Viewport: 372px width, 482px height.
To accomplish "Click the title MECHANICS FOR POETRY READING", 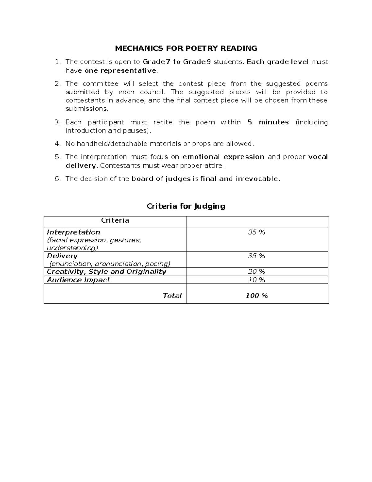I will (186, 48).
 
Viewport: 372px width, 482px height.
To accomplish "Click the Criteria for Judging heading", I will (186, 206).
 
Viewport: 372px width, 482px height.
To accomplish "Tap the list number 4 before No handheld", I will (57, 144).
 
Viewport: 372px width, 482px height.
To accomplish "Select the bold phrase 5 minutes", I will (268, 122).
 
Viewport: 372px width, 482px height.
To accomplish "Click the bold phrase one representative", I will (120, 70).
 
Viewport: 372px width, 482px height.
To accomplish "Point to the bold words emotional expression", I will (223, 157).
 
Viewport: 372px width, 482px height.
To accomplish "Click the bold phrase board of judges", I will (161, 179).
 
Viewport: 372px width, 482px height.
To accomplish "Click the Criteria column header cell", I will (115, 221).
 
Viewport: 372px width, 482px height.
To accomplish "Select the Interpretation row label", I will (73, 232).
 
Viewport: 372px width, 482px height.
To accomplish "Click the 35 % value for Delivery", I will (256, 256).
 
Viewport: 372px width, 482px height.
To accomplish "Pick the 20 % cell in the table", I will (256, 272).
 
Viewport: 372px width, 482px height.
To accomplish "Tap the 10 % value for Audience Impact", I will (256, 280).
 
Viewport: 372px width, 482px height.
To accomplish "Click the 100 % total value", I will (256, 296).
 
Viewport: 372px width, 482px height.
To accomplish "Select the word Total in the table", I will (172, 296).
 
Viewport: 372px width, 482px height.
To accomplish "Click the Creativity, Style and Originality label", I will (106, 272).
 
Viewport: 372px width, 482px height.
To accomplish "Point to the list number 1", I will (57, 62).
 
